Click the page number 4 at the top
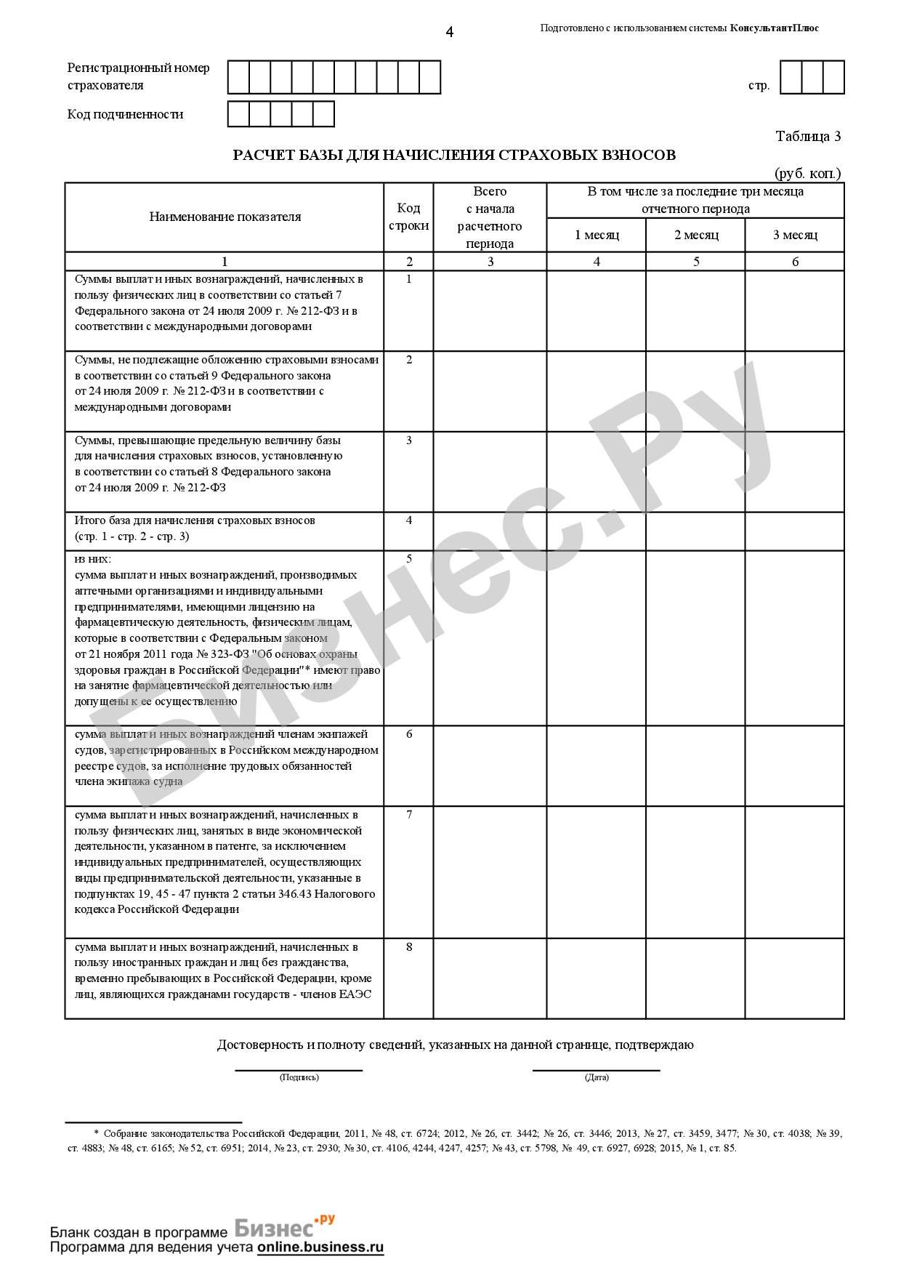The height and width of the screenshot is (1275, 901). [x=449, y=32]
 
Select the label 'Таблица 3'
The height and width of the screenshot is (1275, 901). [x=808, y=136]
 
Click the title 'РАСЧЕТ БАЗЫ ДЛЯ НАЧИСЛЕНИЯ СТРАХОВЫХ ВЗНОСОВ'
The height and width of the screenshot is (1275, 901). [x=454, y=155]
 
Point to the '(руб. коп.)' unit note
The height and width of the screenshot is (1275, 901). [x=807, y=173]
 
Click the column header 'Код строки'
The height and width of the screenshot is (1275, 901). [x=408, y=217]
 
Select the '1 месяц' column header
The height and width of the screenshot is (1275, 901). [x=597, y=235]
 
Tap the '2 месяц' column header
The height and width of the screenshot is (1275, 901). [x=695, y=235]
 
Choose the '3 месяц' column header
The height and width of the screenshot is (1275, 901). [x=794, y=235]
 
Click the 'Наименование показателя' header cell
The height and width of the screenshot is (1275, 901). [x=225, y=217]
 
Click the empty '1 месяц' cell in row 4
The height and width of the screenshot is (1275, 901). [x=597, y=531]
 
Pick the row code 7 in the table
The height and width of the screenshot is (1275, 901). [x=409, y=815]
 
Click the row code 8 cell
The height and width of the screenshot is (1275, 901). [x=409, y=947]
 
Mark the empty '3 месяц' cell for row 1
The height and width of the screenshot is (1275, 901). [x=794, y=310]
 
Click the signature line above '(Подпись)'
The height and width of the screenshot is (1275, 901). [x=299, y=1069]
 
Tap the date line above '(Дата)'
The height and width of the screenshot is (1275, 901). [x=596, y=1069]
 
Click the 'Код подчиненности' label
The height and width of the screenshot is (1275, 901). [x=125, y=114]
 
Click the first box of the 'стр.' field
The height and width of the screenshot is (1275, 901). [x=791, y=77]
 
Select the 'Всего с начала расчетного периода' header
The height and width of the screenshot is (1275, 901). [x=490, y=217]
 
